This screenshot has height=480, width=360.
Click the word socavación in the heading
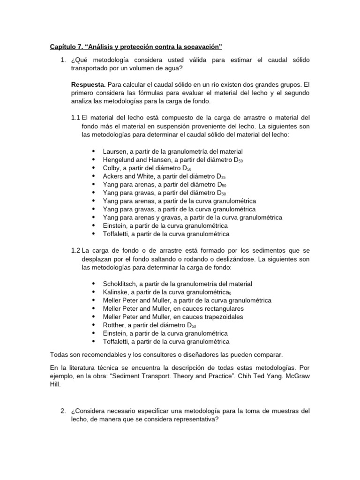(202, 47)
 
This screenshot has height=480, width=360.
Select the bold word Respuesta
(88, 84)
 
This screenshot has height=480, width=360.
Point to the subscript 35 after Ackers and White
(224, 178)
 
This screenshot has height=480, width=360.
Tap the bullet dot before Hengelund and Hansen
(94, 160)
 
